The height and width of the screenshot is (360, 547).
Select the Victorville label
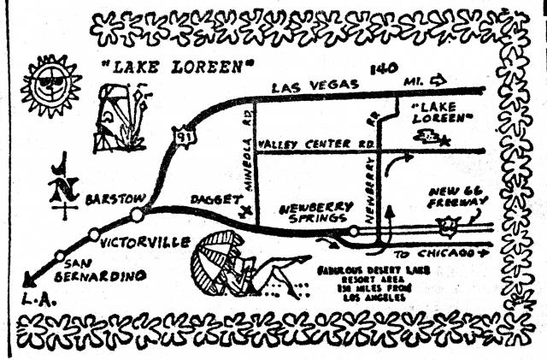[144, 242]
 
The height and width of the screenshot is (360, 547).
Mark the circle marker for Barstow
[137, 214]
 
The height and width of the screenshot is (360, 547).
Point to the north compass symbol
[59, 186]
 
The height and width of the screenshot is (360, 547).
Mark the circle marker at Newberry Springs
[354, 230]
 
